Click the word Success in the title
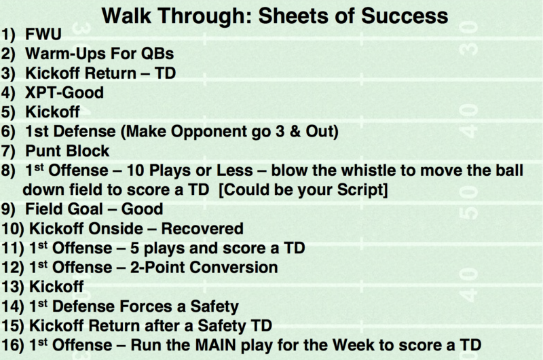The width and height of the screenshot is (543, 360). (x=404, y=16)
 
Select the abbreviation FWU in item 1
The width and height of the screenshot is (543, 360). (x=43, y=34)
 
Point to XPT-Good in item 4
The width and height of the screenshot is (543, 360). (x=64, y=92)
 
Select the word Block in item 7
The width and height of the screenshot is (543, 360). (x=88, y=151)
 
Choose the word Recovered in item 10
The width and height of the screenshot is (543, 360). (x=202, y=229)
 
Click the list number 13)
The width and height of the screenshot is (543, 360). (x=13, y=287)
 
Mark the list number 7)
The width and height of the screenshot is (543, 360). (x=8, y=151)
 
